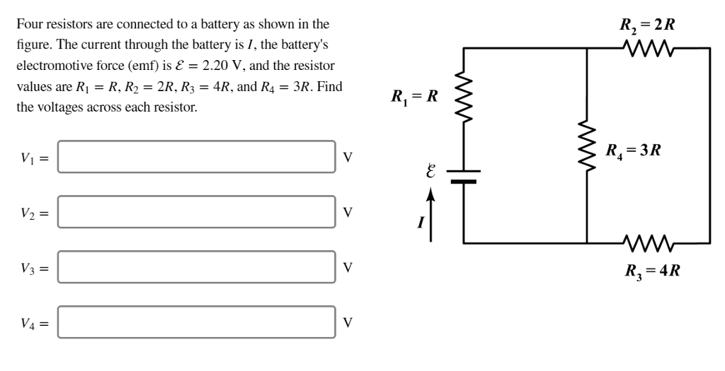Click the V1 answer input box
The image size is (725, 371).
coord(196,157)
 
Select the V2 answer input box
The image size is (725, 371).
coord(196,212)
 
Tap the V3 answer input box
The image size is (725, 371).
coord(196,267)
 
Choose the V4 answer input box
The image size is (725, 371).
coord(196,322)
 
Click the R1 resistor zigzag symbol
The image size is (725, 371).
coord(463,95)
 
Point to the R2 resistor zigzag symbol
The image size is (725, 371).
coord(649,49)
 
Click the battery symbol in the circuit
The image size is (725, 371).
coord(463,176)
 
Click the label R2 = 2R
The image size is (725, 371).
coord(647,25)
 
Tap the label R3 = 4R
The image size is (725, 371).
coord(652,271)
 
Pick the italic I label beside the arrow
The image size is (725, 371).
coord(420,223)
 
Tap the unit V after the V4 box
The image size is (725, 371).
coord(347,322)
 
